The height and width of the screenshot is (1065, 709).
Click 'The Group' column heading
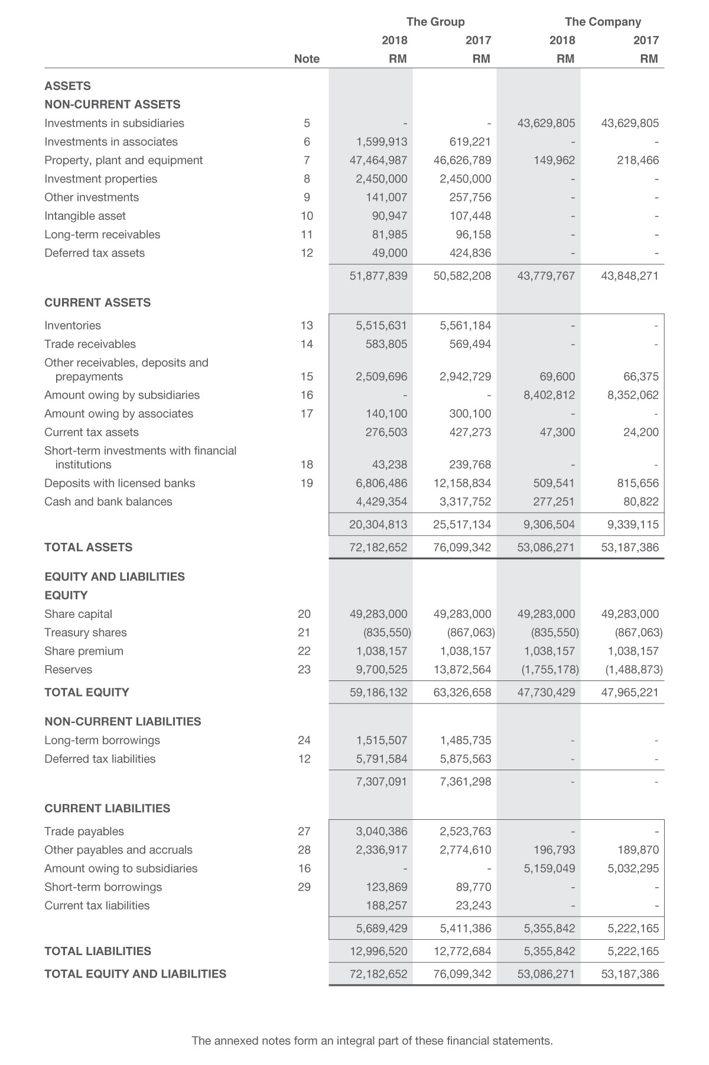click(x=435, y=22)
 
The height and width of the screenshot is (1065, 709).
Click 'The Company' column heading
click(x=603, y=22)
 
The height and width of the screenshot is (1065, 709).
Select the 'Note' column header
click(x=307, y=58)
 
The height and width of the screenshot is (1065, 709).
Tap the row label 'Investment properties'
click(x=100, y=178)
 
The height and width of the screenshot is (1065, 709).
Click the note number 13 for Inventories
click(x=305, y=325)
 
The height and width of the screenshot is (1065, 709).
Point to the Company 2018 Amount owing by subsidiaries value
click(x=549, y=395)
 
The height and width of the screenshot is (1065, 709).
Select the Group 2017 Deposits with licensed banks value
click(x=462, y=483)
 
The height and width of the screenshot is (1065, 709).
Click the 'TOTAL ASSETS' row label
click(x=88, y=547)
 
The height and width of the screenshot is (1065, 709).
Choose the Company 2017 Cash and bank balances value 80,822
click(x=640, y=501)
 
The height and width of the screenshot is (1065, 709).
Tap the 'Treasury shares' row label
click(x=85, y=632)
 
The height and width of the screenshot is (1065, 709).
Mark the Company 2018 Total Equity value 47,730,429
click(x=546, y=692)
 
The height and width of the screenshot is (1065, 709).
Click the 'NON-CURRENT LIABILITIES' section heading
click(x=122, y=721)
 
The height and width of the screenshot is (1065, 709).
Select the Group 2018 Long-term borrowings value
click(x=381, y=740)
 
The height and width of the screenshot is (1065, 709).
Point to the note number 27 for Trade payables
click(x=304, y=832)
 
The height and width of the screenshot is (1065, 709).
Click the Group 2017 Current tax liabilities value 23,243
click(x=473, y=906)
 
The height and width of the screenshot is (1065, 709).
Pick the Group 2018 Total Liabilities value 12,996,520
click(x=378, y=951)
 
